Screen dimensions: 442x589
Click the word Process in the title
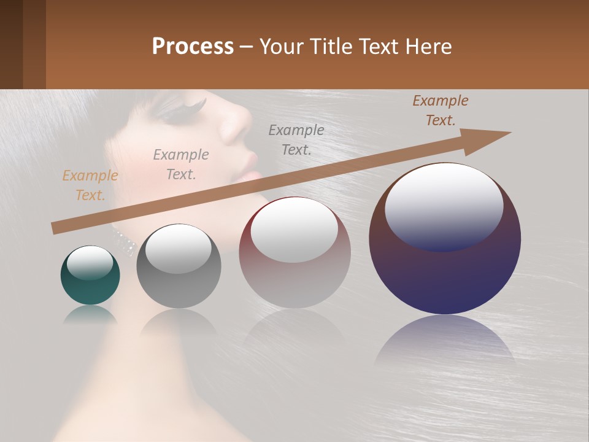coord(193,47)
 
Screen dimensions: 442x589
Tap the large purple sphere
coord(445,270)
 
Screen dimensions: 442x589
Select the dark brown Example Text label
coord(441,110)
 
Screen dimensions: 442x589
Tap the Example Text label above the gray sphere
coord(181,165)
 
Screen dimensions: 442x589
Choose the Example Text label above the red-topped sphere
coord(296,140)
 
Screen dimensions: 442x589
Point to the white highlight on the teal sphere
coord(90,262)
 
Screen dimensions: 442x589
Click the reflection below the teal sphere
coord(90,314)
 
